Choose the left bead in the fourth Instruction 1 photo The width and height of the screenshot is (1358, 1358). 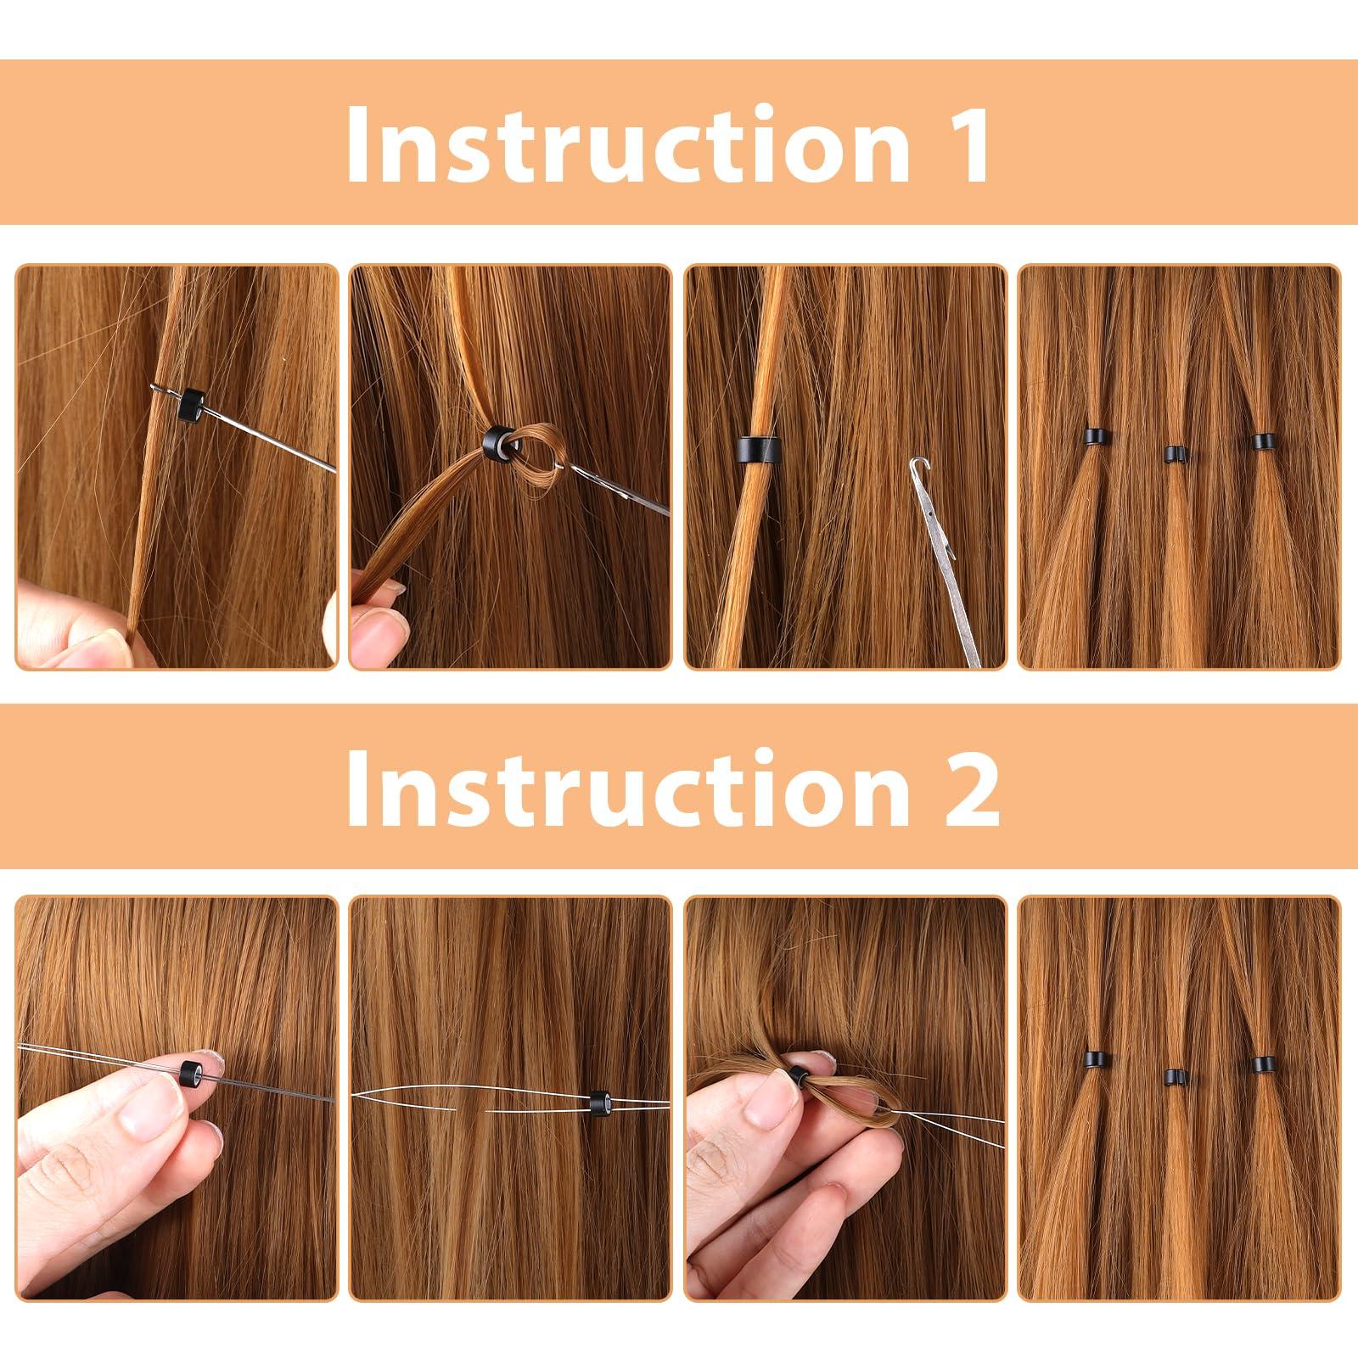(x=1097, y=439)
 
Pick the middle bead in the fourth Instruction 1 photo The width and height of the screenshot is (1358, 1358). (x=1175, y=454)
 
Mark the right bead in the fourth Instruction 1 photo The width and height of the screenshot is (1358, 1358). (x=1263, y=441)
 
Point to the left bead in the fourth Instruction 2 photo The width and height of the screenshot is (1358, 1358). (x=1097, y=1059)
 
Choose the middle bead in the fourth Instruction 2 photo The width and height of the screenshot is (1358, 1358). (x=1175, y=1077)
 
